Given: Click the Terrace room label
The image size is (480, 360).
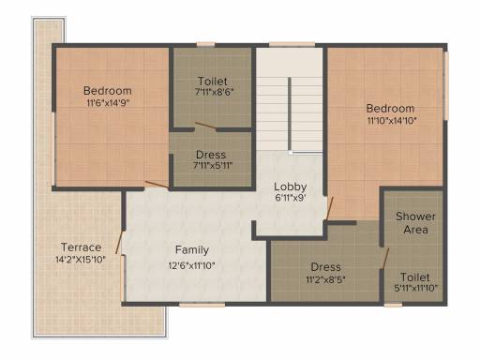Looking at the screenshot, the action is (82, 247).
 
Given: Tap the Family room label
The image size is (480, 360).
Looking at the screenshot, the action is (192, 249).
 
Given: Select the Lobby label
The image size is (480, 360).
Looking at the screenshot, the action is (291, 187).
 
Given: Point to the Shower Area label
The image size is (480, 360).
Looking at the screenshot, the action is (415, 223).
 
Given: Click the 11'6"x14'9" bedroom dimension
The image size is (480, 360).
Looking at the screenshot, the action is (108, 103).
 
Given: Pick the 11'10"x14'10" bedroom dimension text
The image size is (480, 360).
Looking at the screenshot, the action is (392, 120).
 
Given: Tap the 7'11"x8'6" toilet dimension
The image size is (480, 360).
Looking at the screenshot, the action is (214, 92).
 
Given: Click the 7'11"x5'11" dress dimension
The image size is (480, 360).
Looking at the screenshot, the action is (213, 165).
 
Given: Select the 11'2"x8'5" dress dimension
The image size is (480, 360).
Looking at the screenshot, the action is (325, 278).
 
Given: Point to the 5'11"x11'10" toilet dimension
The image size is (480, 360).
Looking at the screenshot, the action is (415, 288).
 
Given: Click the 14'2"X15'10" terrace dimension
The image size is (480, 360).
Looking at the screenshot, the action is (81, 260).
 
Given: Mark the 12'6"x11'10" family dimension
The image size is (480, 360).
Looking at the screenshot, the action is (192, 265).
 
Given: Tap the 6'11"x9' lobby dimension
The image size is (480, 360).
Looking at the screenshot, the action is (291, 198).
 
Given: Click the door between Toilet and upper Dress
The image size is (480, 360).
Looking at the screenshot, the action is (205, 126).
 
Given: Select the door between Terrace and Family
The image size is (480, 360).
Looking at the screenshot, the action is (120, 242).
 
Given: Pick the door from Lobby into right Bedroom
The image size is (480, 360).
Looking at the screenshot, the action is (330, 208).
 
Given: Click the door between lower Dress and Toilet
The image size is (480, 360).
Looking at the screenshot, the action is (385, 258).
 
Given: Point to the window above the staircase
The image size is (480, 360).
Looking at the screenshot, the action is (292, 44).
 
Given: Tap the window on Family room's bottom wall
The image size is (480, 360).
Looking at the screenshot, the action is (202, 305).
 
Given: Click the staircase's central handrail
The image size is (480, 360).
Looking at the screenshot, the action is (290, 114).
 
